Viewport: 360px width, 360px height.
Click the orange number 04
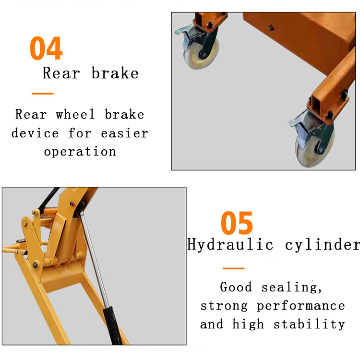pyautogui.click(x=46, y=48)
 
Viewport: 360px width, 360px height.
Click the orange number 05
pyautogui.click(x=237, y=223)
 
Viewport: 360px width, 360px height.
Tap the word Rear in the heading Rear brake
pyautogui.click(x=61, y=73)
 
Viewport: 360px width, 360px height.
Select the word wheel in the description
pyautogui.click(x=75, y=114)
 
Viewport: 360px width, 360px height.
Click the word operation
pyautogui.click(x=80, y=152)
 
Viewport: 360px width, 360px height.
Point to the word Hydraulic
pyautogui.click(x=230, y=244)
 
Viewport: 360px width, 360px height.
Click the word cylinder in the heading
pyautogui.click(x=323, y=244)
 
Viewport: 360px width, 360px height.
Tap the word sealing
pyautogui.click(x=291, y=287)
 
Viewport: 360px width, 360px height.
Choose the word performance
pyautogui.click(x=301, y=306)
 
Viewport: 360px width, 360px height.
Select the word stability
pyautogui.click(x=309, y=324)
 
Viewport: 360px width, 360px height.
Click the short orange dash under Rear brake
pyautogui.click(x=43, y=94)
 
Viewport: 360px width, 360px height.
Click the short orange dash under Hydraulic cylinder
pyautogui.click(x=234, y=268)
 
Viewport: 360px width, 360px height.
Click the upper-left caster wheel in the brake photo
pyautogui.click(x=201, y=54)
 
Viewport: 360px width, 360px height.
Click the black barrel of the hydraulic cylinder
pyautogui.click(x=112, y=325)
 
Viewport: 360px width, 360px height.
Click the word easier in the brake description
pyautogui.click(x=124, y=133)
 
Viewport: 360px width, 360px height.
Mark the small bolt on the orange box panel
pyautogui.click(x=271, y=28)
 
